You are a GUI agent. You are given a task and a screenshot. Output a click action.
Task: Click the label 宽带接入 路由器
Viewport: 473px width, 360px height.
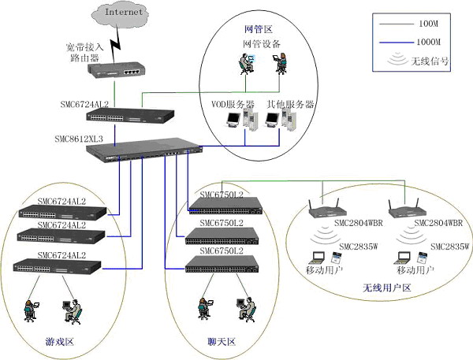coord(64,53)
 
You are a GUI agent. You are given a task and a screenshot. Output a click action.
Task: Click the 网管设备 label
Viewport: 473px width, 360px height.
coord(259,44)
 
